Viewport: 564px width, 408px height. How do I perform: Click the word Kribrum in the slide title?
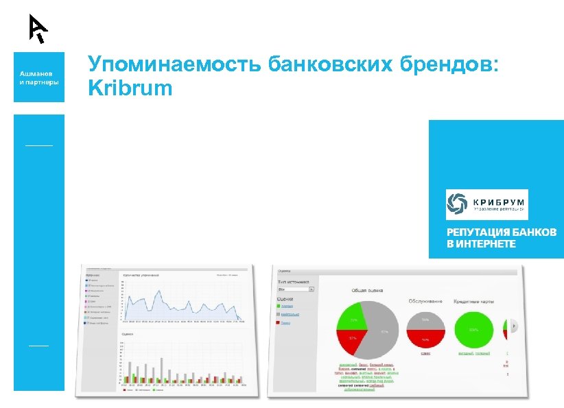(130, 88)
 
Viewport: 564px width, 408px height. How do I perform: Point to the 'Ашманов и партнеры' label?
(38, 77)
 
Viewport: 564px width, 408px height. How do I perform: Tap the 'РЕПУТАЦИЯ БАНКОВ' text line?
(502, 232)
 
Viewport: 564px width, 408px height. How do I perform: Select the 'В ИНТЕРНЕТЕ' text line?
(481, 244)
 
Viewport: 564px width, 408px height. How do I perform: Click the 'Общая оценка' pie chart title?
(366, 291)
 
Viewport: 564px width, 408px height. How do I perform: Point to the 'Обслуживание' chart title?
(425, 300)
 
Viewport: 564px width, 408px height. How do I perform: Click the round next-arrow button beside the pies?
(514, 326)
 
